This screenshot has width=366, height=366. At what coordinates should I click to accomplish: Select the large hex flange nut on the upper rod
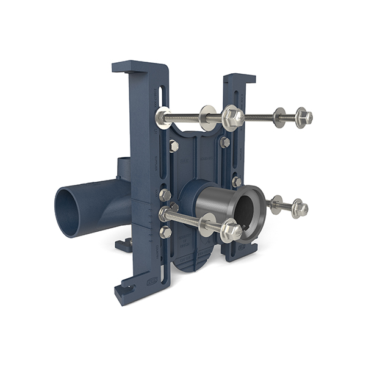[x=232, y=117]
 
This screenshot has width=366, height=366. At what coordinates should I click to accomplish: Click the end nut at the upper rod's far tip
[x=303, y=117]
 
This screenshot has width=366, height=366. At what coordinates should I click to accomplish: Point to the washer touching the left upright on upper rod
[x=163, y=117]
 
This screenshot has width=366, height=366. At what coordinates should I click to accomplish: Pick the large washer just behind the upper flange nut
[x=208, y=117]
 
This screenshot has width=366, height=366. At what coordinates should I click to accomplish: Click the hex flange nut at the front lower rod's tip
[x=231, y=230]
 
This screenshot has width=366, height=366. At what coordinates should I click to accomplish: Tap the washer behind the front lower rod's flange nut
[x=208, y=224]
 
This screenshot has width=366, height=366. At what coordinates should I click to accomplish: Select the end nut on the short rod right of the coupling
[x=299, y=209]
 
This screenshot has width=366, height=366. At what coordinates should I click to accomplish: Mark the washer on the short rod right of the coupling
[x=276, y=204]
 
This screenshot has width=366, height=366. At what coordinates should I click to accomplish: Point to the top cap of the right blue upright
[x=239, y=79]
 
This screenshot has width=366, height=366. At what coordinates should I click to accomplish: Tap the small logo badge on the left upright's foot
[x=152, y=281]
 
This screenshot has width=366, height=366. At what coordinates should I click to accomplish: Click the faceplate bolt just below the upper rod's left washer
[x=174, y=146]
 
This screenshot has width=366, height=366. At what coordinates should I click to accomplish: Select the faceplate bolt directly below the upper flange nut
[x=224, y=142]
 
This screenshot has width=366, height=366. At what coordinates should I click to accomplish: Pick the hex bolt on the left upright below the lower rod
[x=165, y=232]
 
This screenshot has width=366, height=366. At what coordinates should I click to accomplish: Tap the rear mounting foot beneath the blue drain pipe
[x=124, y=245]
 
